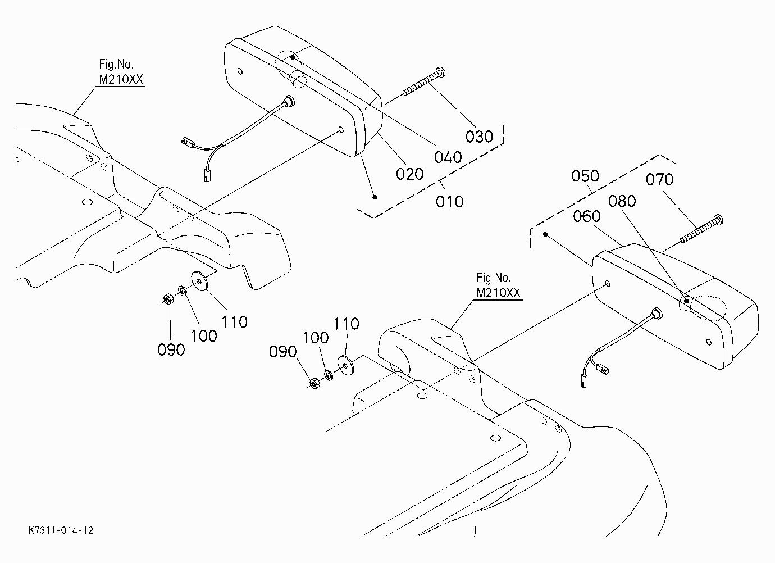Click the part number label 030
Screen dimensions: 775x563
tap(479, 137)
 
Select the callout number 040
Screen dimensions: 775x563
tap(448, 157)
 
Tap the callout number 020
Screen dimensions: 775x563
tap(409, 174)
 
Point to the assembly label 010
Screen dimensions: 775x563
tap(449, 202)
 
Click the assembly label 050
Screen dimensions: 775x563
tap(585, 176)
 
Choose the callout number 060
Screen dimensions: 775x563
tap(587, 216)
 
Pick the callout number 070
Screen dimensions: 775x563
tap(659, 179)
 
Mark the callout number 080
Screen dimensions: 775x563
tap(622, 201)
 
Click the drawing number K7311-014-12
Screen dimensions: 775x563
tap(61, 530)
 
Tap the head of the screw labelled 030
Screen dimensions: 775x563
tap(441, 72)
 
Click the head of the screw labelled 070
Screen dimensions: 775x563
tap(718, 219)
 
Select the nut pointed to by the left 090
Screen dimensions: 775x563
tap(168, 299)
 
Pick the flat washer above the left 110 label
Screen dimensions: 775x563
tap(199, 281)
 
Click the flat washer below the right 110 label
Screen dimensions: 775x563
tap(345, 365)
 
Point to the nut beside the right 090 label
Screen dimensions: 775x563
tap(314, 384)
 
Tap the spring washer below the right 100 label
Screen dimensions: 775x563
tap(329, 375)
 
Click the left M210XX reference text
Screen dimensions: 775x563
tap(121, 79)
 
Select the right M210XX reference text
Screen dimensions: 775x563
tap(498, 293)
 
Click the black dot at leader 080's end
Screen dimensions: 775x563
tap(687, 301)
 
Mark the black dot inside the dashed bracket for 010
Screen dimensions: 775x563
tap(375, 197)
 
